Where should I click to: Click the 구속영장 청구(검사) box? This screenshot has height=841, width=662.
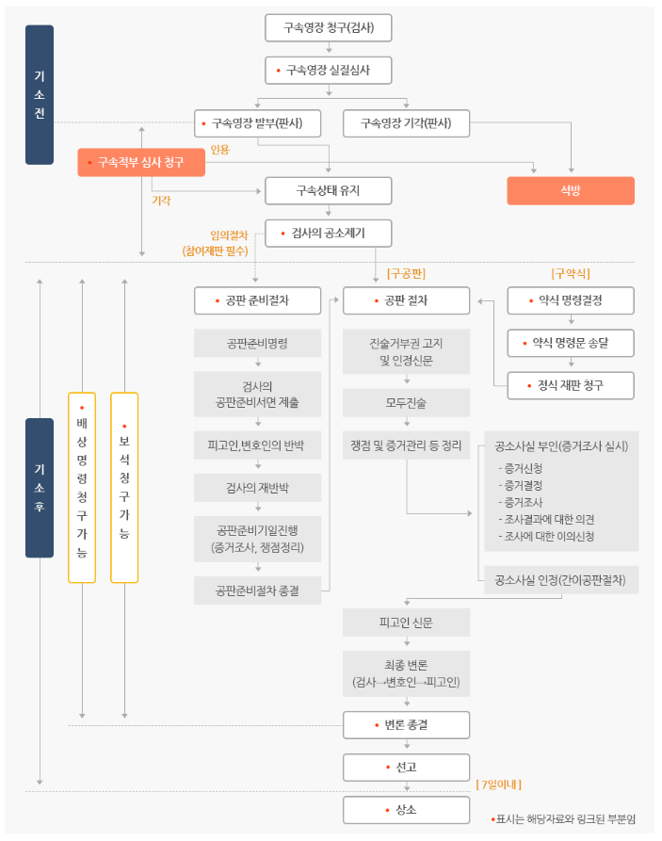329,27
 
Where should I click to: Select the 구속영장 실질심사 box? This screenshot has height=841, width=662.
329,71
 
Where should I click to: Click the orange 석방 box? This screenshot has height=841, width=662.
571,190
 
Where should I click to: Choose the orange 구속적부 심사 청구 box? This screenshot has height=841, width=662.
141,162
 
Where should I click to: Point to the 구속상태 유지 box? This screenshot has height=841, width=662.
329,190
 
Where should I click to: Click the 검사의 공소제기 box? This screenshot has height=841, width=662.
329,233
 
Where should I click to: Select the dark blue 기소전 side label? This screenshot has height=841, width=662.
40,94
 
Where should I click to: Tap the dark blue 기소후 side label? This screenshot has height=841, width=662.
40,488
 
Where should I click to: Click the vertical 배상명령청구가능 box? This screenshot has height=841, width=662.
82,487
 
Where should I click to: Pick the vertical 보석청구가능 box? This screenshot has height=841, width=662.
124,487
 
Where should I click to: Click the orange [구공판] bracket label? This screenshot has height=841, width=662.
406,274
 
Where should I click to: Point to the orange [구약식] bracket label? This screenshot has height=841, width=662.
571,274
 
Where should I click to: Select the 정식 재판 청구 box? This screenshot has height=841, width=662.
571,385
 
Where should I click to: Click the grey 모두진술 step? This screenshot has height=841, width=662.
406,403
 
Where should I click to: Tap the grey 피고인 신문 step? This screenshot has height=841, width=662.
406,623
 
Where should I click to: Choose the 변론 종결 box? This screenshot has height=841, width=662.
406,724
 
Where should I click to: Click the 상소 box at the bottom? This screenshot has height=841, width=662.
406,810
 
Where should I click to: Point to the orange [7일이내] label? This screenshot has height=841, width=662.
499,784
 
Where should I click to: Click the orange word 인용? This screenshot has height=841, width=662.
219,149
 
